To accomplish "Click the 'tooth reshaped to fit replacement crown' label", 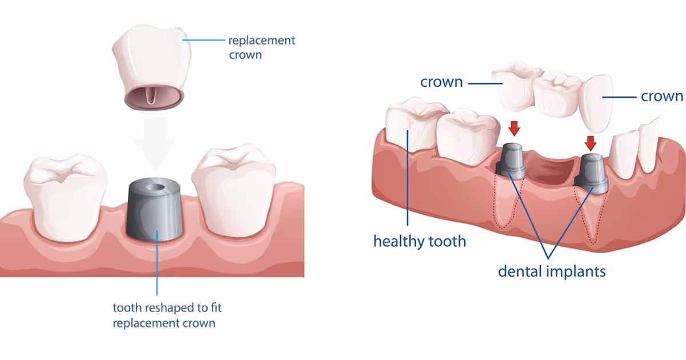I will coord(167,315).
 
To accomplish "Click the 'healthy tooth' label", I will coord(420,241).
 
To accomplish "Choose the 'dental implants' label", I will coord(552,270).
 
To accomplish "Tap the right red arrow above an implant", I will coord(591,142).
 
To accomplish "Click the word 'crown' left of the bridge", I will coord(441,82).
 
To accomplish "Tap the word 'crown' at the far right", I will coord(662,96).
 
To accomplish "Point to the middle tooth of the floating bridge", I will coord(555,94).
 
